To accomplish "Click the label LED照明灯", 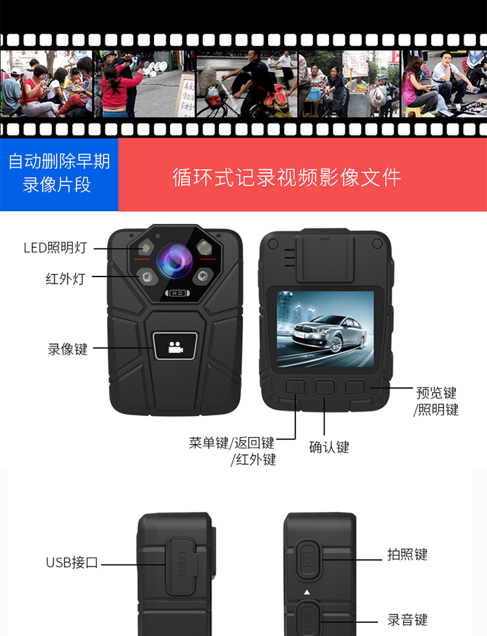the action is (55, 247).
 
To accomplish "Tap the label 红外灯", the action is (66, 278).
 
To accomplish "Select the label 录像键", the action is (68, 349).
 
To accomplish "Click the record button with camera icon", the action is (175, 346).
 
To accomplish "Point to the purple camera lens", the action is (175, 262).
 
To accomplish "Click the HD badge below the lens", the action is (177, 293).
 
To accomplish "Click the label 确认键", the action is (329, 447).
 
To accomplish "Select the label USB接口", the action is (72, 563).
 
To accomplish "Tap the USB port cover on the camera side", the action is (181, 566).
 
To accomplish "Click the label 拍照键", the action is (407, 554).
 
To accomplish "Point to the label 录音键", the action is (407, 620).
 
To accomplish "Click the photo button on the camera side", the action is (308, 560).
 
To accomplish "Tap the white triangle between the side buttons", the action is (307, 592).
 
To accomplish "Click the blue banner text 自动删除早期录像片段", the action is (59, 173).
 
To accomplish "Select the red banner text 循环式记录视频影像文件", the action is (287, 177).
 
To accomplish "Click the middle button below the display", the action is (325, 387).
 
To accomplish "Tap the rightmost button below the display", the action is (355, 387).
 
